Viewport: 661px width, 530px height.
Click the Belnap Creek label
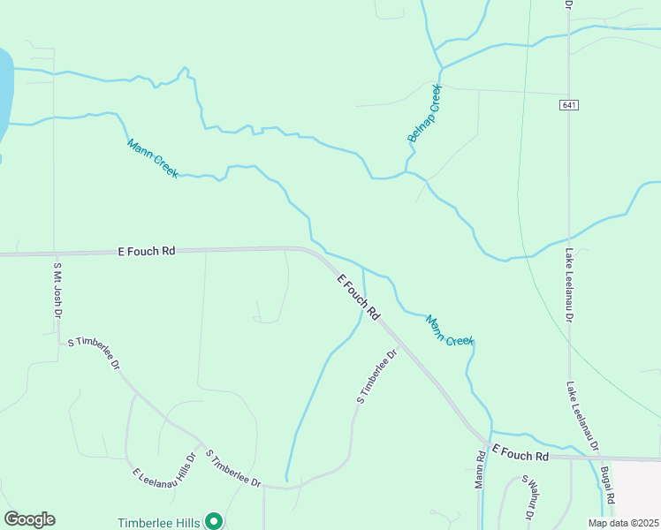(424, 114)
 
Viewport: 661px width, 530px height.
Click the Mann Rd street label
(481, 471)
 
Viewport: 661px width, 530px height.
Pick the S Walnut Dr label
(529, 497)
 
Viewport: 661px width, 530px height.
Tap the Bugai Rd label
(607, 487)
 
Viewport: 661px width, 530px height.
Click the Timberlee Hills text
(159, 522)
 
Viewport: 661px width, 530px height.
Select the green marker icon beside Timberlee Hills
(213, 521)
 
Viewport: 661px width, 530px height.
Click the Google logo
(29, 519)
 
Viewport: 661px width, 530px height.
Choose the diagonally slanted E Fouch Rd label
(359, 297)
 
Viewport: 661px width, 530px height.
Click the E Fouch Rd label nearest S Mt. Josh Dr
(147, 252)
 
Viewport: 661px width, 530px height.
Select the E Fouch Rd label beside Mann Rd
(520, 455)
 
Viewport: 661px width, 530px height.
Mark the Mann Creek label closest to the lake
(152, 157)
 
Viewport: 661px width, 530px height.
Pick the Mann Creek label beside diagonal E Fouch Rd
(450, 330)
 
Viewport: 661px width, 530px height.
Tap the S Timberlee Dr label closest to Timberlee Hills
(233, 468)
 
